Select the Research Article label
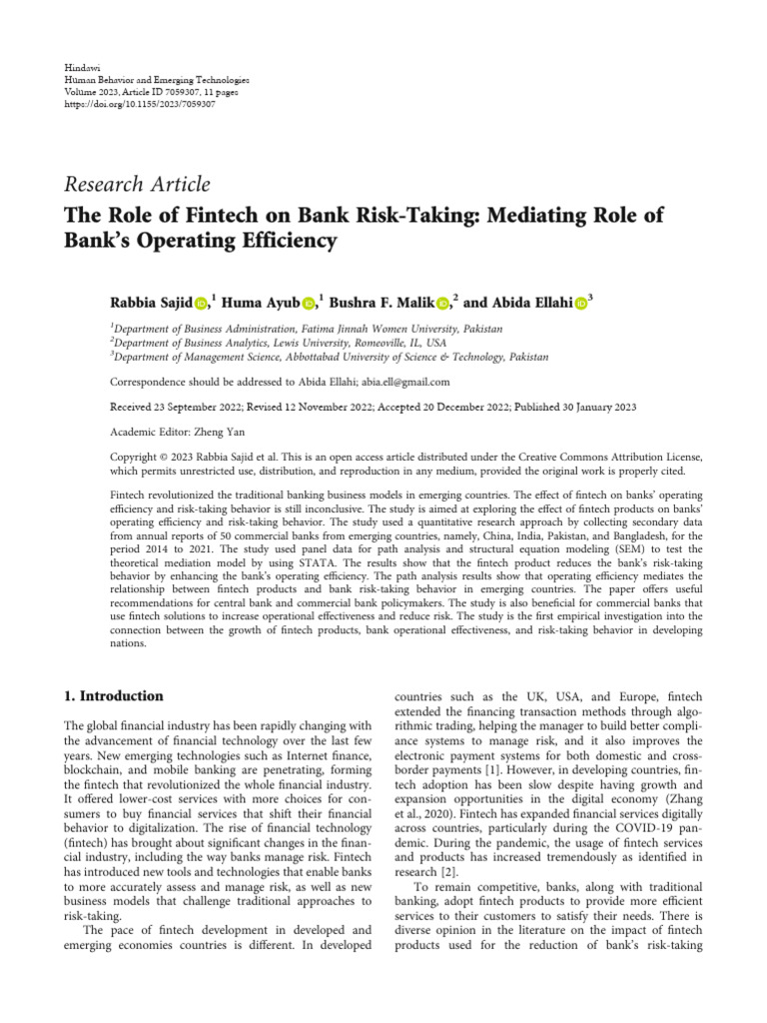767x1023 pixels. pos(137,184)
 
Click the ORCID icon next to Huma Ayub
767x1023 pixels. pos(308,302)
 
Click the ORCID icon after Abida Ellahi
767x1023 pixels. pos(581,302)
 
